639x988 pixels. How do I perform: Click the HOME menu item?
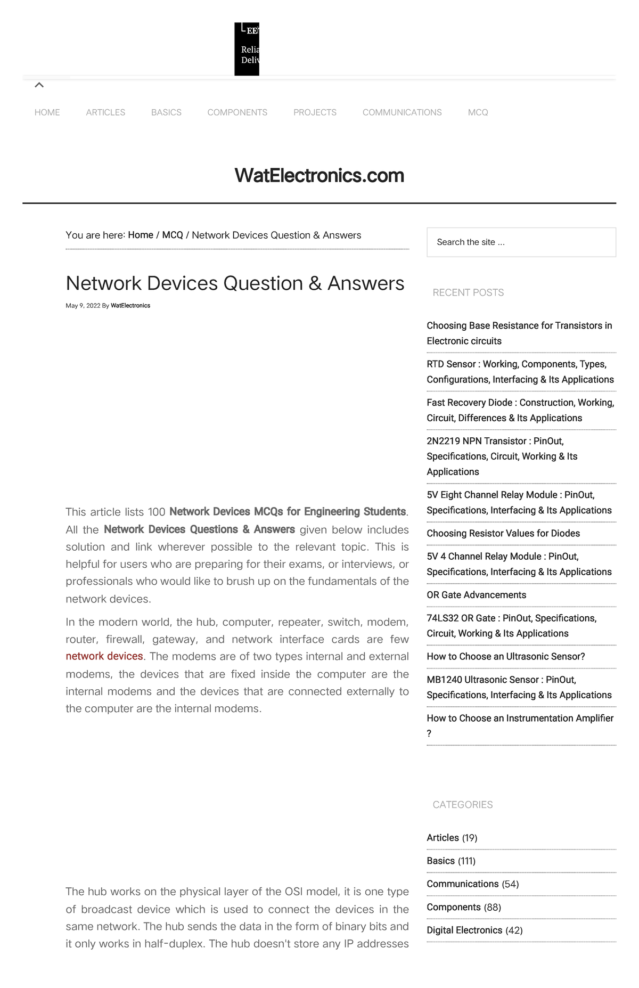47,112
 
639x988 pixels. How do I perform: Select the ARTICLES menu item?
105,112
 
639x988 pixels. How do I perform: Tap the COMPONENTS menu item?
237,112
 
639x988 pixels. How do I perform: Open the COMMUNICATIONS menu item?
402,112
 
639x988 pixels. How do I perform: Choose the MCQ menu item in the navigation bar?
478,112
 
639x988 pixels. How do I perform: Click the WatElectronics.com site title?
319,175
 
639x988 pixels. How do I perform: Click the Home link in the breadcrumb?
141,235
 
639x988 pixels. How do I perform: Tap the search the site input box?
521,242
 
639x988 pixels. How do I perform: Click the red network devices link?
104,656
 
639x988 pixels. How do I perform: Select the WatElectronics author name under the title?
130,306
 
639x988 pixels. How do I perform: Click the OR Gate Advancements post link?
476,595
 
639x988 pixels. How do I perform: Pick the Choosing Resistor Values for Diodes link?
503,533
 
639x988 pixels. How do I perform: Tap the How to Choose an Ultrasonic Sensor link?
505,657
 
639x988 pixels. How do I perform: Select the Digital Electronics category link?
464,930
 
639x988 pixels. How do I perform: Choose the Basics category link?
440,861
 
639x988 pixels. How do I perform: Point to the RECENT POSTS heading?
468,292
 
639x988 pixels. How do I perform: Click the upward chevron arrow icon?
39,85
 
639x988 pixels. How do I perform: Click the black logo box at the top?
247,49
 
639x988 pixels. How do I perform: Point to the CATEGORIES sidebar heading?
462,805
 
